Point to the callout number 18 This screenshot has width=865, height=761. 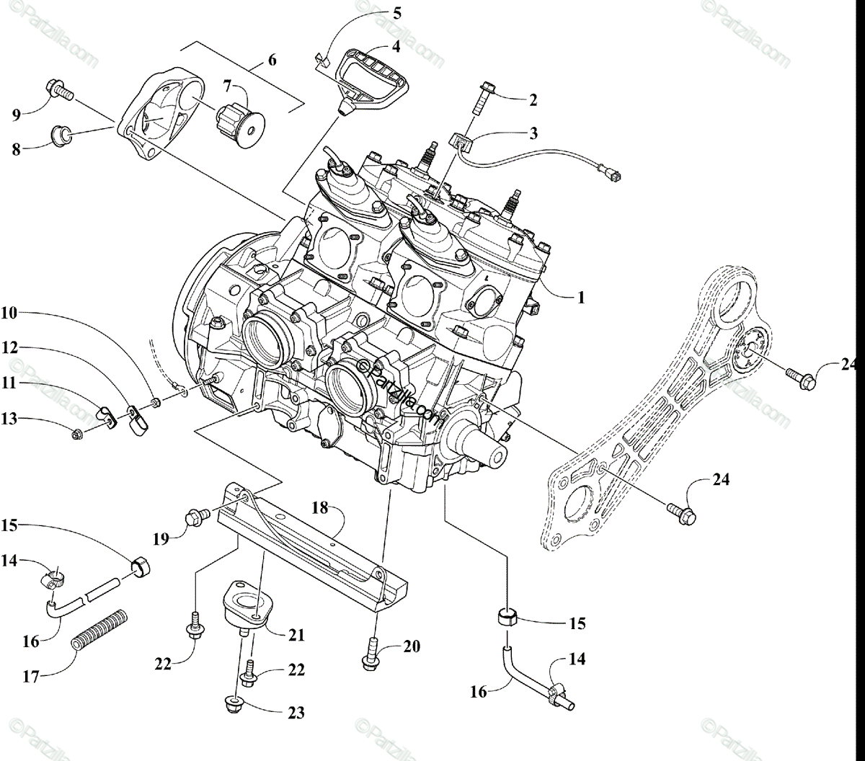(319, 507)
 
